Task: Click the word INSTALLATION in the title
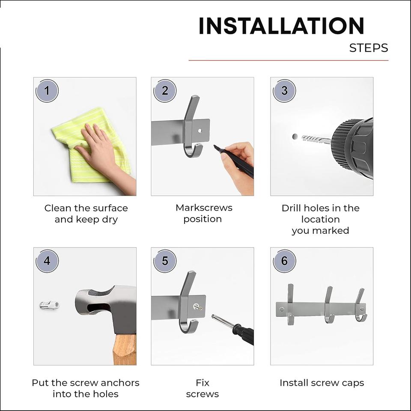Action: coord(281,26)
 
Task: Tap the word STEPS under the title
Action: coord(369,48)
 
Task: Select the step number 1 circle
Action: coord(47,91)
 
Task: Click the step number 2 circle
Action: coord(165,91)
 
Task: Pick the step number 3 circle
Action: coord(284,91)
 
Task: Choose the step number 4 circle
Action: coord(47,261)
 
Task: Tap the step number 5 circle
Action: coord(165,261)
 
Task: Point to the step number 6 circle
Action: coord(284,261)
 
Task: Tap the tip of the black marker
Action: coord(214,146)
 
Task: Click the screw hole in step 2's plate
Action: coord(200,130)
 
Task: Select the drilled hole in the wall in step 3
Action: coord(295,137)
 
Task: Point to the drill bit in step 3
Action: coord(316,140)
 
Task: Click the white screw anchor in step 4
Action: coord(50,305)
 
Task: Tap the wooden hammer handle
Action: coord(125,349)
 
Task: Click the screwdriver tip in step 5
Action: coord(213,316)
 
